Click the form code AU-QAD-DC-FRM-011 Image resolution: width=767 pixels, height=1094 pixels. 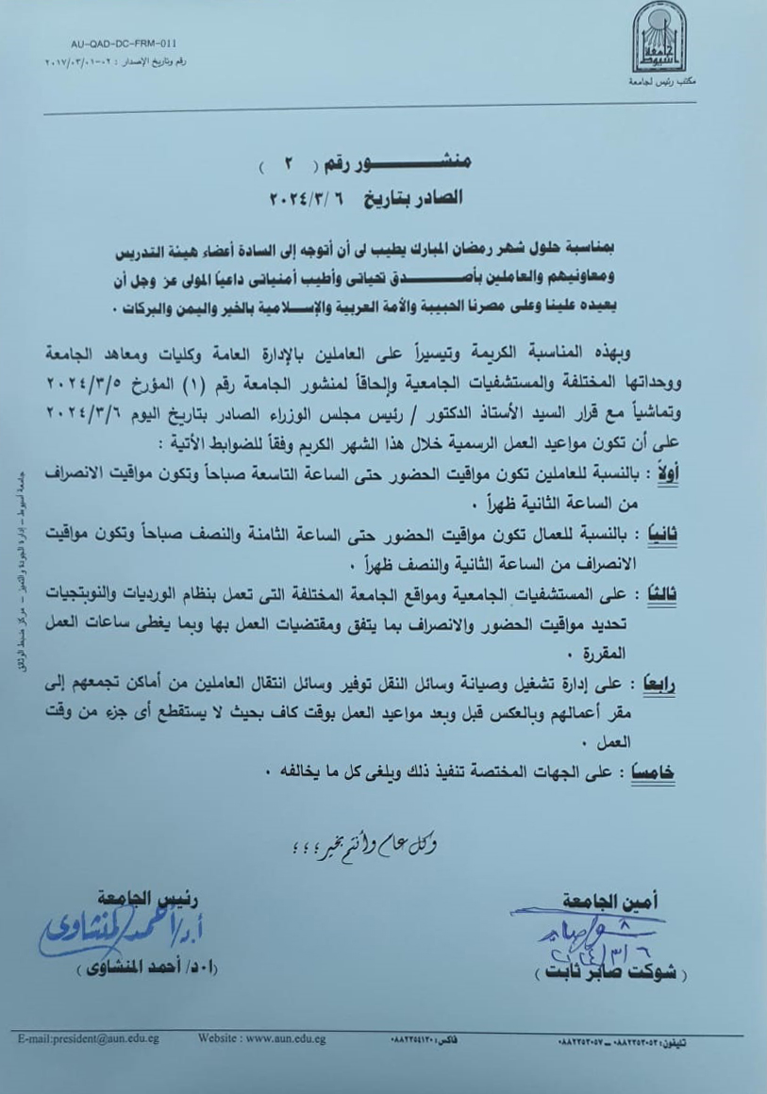click(124, 44)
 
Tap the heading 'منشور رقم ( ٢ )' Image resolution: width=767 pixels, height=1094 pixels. click(368, 166)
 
